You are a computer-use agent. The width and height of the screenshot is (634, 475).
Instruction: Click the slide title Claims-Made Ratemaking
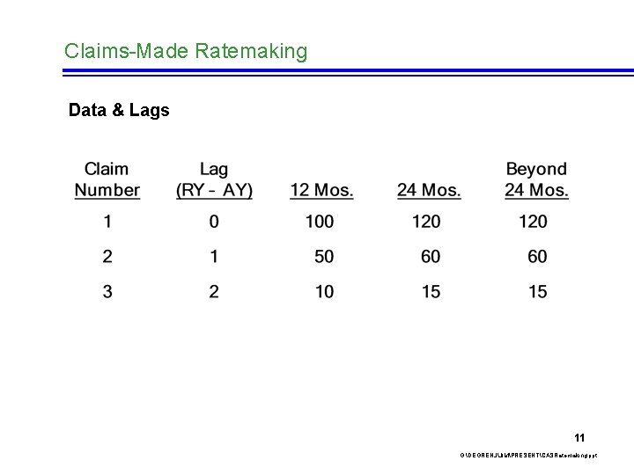186,51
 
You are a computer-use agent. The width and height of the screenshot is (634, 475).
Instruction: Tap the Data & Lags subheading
119,111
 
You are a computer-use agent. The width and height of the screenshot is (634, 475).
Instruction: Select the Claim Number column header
107,179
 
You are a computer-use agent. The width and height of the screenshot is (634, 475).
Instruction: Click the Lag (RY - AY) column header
214,179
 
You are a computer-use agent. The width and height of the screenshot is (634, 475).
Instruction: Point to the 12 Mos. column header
321,190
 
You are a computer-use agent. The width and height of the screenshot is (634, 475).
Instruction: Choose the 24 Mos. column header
429,190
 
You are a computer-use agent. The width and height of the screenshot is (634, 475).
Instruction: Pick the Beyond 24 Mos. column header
536,179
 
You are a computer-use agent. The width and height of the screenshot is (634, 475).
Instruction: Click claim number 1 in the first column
107,222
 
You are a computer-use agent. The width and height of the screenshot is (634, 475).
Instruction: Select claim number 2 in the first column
107,257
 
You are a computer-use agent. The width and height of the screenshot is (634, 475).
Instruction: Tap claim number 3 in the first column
107,292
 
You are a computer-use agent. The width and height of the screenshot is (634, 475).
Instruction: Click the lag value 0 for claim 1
214,222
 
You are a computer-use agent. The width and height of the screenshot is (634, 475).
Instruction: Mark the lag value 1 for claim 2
214,257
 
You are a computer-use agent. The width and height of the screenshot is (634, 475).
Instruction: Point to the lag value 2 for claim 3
214,292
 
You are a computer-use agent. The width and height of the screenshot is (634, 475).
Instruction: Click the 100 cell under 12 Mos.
320,222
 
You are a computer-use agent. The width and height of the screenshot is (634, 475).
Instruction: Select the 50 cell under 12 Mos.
324,257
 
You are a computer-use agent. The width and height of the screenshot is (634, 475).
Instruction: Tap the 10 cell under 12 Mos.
324,292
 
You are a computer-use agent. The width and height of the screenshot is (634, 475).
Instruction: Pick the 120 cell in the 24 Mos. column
426,222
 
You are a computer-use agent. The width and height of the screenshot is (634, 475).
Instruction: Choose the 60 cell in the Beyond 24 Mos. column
537,257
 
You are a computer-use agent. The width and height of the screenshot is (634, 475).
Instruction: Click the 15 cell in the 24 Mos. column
431,292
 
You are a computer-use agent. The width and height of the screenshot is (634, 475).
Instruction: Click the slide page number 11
579,437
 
